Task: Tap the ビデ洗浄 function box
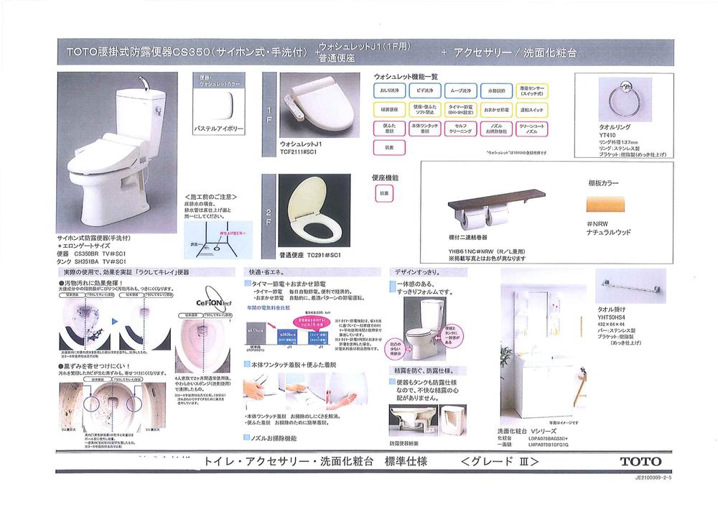tap(426, 91)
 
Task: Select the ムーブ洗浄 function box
tap(462, 91)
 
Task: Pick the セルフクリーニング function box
tap(462, 129)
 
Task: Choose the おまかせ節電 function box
tap(498, 111)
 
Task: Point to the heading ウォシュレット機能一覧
tap(406, 76)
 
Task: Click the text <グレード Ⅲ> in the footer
tap(500, 462)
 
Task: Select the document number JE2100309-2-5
tap(658, 485)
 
